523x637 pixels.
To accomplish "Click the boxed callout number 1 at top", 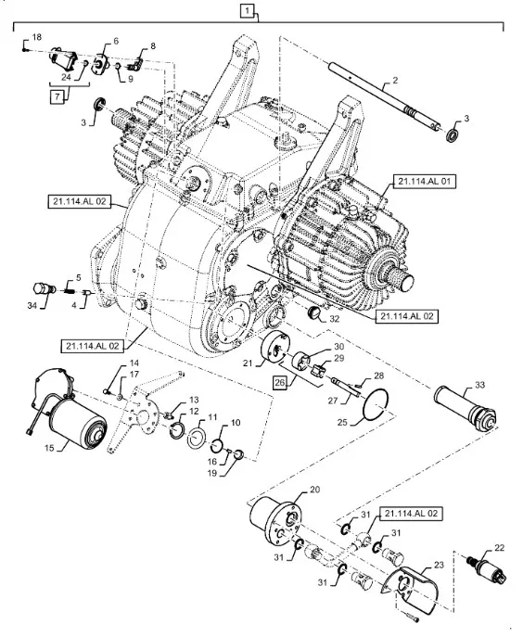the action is point(247,10).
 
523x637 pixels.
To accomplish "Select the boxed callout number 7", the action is point(57,97).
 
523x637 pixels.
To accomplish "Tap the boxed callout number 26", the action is point(280,383).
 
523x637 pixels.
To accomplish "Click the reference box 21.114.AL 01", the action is point(425,182).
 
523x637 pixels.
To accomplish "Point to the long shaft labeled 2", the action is point(384,95).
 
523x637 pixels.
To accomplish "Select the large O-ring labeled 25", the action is point(376,404).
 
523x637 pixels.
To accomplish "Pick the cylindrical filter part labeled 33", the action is point(465,407).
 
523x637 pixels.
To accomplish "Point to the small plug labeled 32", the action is point(313,312).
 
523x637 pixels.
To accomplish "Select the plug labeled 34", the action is point(44,289).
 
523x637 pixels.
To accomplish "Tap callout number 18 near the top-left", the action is point(36,37).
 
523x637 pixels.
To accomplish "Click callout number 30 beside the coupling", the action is point(338,347).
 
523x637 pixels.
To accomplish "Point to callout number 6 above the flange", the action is point(116,41).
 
